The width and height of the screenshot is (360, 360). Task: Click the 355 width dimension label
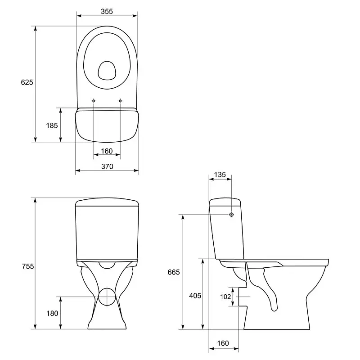click(107, 11)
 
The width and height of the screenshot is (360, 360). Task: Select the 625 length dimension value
click(27, 82)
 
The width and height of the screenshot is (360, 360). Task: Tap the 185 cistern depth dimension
click(52, 126)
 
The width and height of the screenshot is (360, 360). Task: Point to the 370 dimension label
click(107, 166)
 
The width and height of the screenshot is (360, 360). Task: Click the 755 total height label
click(28, 266)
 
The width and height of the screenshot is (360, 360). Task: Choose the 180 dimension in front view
click(52, 313)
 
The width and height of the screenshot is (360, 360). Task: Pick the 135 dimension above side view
click(220, 175)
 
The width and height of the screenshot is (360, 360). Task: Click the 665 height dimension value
click(174, 272)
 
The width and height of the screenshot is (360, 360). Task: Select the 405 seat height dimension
click(195, 296)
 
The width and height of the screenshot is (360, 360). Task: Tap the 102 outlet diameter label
click(225, 297)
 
